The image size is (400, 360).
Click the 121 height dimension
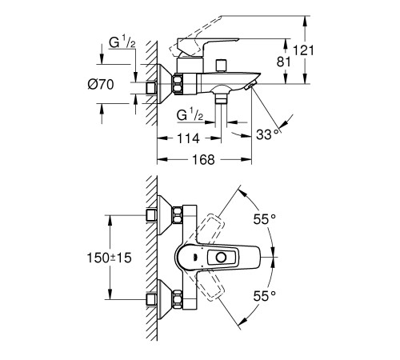pyautogui.click(x=303, y=50)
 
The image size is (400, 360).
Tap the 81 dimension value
pyautogui.click(x=283, y=62)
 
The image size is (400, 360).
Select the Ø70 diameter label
pyautogui.click(x=101, y=84)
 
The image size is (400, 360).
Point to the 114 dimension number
pyautogui.click(x=188, y=138)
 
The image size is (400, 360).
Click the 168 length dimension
pyautogui.click(x=203, y=159)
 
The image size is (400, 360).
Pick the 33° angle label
pyautogui.click(x=267, y=134)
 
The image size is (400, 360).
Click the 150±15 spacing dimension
pyautogui.click(x=110, y=258)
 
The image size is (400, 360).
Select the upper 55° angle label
pyautogui.click(x=264, y=219)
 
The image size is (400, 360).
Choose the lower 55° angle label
pyautogui.click(x=264, y=296)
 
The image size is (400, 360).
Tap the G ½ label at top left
pyautogui.click(x=122, y=42)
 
